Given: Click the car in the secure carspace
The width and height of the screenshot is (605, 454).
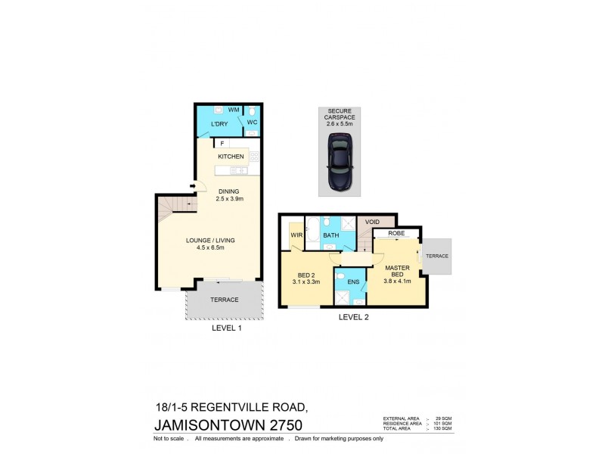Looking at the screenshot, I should point(339,161).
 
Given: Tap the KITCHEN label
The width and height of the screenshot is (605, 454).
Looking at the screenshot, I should point(231,157).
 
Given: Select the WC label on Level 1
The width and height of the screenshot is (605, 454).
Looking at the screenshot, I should point(252,122).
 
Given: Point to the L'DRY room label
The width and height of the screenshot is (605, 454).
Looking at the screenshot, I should point(219,124).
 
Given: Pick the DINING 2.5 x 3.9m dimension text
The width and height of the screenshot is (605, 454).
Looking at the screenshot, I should point(229,195).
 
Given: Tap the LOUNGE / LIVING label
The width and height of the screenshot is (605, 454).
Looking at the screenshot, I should point(211,241).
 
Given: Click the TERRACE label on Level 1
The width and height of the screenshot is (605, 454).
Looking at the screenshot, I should point(225,300).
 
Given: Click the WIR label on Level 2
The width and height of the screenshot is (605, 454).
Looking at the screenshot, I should point(296,236).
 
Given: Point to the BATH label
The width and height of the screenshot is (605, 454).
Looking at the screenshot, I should point(330,236).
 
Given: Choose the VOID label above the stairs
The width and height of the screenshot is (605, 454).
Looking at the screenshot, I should point(372,222).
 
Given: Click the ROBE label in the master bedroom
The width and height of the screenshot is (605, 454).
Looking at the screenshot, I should point(396,234).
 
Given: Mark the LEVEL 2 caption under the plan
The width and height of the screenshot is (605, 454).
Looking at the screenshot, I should point(353,318).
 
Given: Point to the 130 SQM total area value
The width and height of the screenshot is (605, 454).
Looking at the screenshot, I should point(443,429).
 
